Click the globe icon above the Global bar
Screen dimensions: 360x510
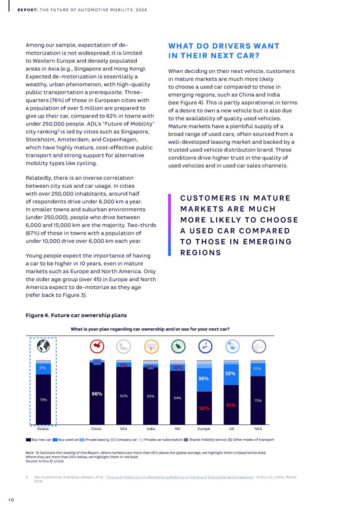(43, 346)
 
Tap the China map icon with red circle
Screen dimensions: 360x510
(97, 346)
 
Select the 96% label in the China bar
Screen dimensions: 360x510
(97, 394)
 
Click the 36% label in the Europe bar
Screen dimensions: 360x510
(203, 379)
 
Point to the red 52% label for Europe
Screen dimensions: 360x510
(204, 408)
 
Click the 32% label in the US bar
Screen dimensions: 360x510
(230, 373)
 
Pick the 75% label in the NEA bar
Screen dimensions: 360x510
(258, 400)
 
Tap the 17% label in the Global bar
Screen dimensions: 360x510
(42, 368)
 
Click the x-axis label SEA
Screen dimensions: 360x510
(123, 429)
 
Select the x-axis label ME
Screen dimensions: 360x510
(178, 429)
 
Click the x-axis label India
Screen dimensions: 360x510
(151, 429)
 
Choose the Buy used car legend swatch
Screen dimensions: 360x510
(55, 439)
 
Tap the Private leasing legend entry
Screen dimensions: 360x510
(94, 439)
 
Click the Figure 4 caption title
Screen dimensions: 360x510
(76, 315)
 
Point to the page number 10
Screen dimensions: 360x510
(11, 500)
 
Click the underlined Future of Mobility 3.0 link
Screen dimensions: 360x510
(180, 477)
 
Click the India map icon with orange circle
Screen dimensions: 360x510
(151, 347)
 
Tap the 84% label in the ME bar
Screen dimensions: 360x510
(178, 398)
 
